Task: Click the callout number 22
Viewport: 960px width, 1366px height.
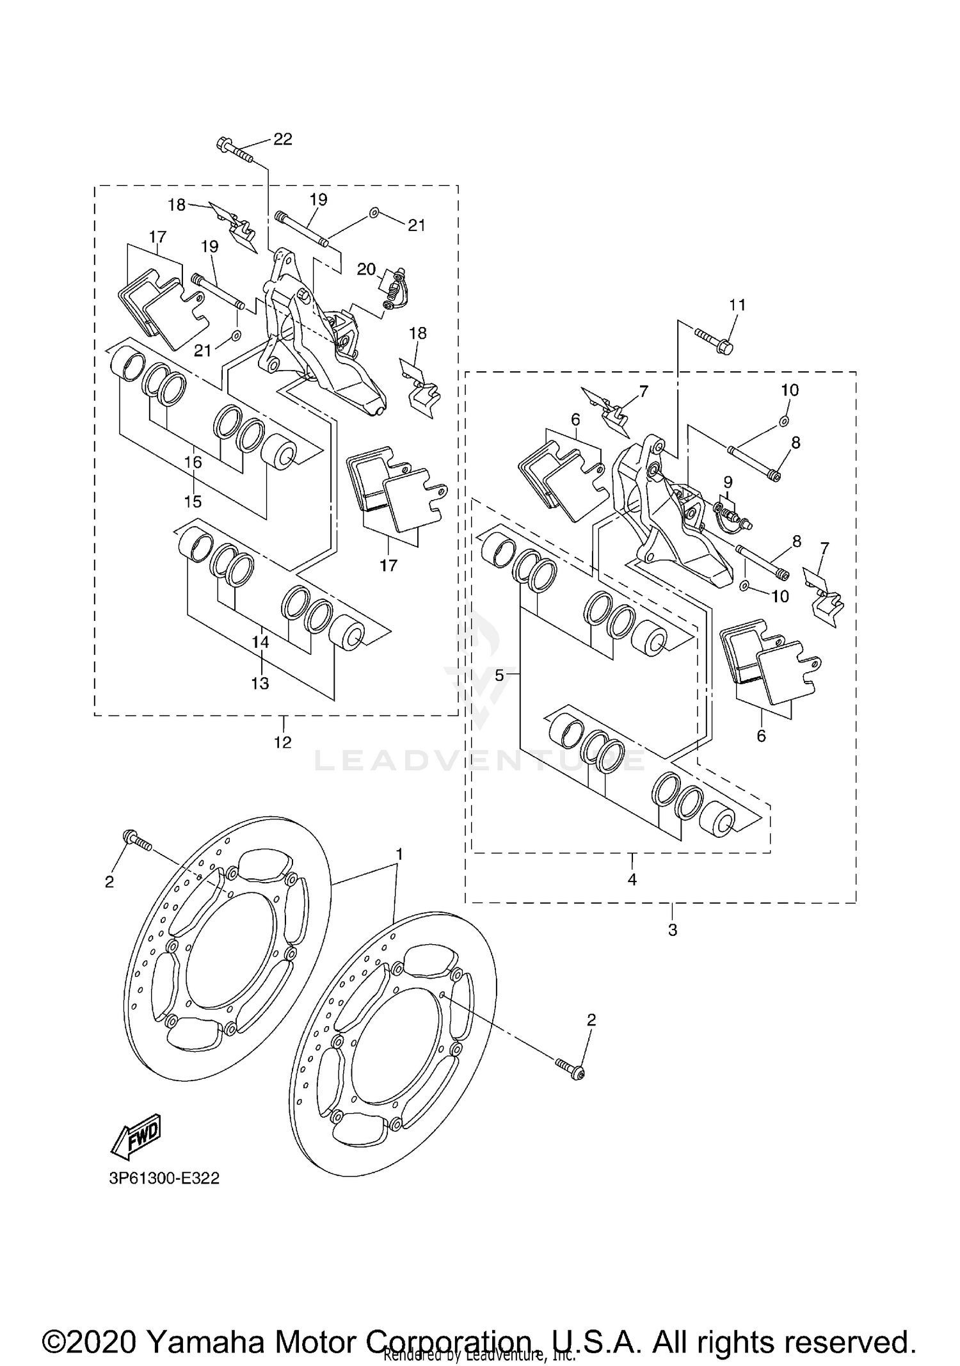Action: [283, 140]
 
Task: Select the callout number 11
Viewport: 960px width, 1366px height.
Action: [737, 305]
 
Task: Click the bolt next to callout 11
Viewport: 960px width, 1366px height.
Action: [714, 340]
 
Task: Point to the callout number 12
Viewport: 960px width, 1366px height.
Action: [282, 742]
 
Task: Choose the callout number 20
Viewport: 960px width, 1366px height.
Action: [366, 269]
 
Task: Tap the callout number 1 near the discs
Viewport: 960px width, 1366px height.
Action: [399, 854]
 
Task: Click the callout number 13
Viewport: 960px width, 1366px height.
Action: [260, 684]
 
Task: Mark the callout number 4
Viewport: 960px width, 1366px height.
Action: [632, 880]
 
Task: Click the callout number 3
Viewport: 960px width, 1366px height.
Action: [672, 929]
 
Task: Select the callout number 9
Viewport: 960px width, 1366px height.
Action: [728, 481]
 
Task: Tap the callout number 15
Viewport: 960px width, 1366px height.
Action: [193, 501]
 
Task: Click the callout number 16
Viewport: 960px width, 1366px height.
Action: [193, 462]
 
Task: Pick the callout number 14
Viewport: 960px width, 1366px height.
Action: [260, 641]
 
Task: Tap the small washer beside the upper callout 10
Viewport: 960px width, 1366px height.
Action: [783, 421]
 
